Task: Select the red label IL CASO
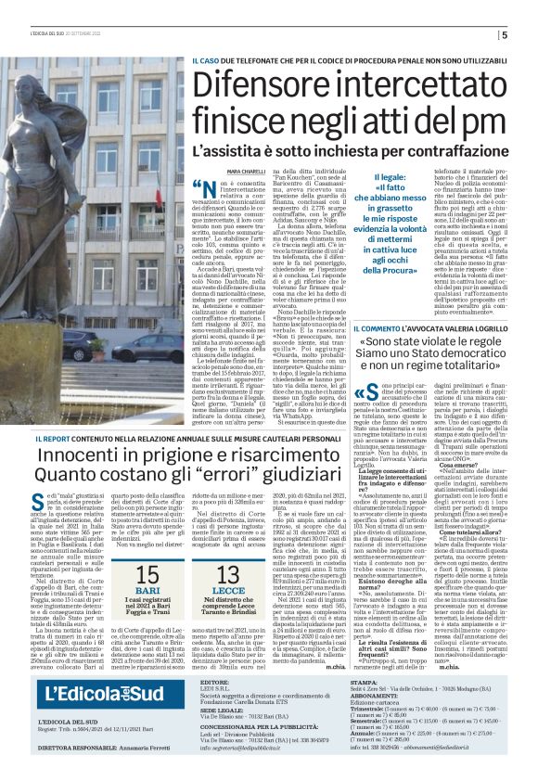tap(206, 61)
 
